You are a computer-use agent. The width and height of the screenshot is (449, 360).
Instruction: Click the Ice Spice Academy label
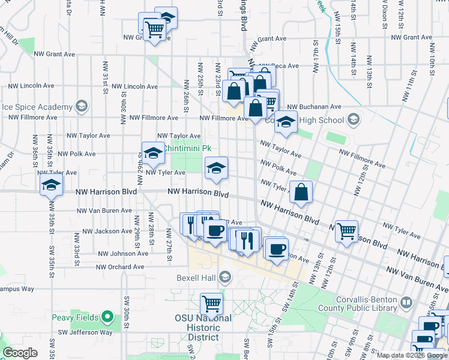click(x=37, y=107)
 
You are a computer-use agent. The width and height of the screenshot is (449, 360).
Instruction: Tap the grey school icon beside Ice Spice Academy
click(x=82, y=107)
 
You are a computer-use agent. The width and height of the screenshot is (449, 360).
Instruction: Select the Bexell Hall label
click(x=196, y=277)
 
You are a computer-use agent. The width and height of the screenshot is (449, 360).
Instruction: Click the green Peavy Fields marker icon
click(x=107, y=316)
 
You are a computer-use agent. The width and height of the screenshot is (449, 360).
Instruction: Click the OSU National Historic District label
click(x=203, y=328)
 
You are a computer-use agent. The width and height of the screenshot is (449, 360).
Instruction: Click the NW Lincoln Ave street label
click(x=131, y=86)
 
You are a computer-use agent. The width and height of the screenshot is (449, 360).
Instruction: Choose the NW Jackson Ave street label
click(x=105, y=231)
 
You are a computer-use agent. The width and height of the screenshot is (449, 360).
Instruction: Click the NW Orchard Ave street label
click(x=121, y=267)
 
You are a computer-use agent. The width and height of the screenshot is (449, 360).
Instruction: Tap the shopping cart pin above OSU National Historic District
click(x=211, y=304)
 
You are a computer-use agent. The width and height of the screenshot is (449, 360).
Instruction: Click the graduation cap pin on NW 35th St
click(x=52, y=185)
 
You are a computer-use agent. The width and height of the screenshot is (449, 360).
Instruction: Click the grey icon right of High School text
click(x=354, y=120)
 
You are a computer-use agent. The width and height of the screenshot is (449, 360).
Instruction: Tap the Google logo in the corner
click(x=20, y=353)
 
